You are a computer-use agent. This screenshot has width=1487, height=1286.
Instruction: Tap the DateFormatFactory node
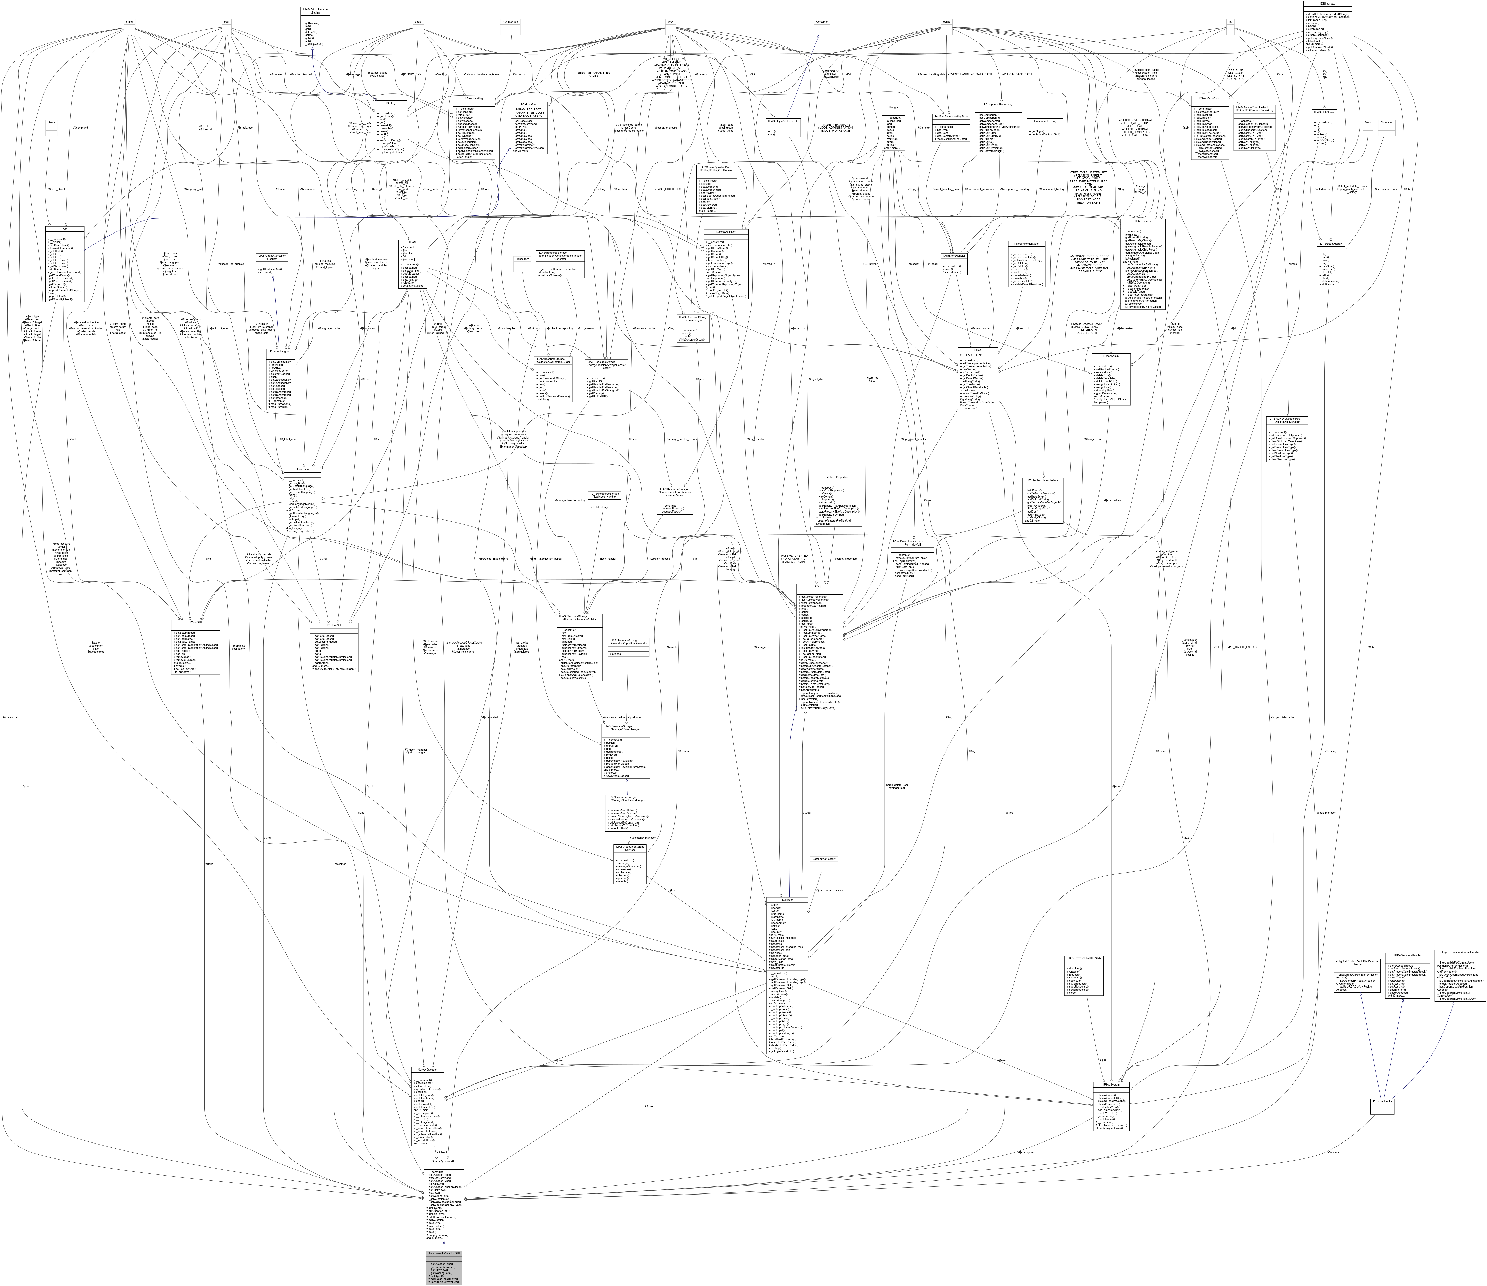(x=823, y=859)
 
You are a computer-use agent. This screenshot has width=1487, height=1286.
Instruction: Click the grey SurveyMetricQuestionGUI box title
(x=444, y=1254)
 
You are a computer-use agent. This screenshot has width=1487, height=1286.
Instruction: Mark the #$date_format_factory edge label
(x=827, y=890)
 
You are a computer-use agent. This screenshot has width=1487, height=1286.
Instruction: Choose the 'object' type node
(x=51, y=123)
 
